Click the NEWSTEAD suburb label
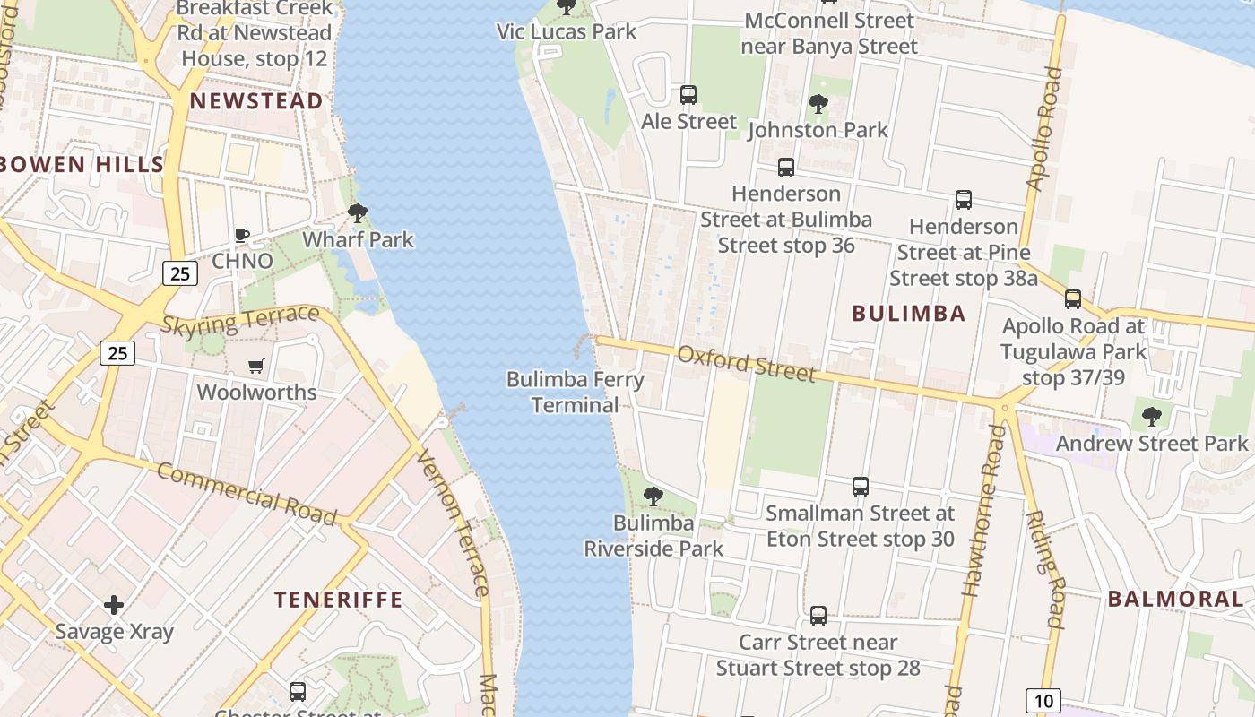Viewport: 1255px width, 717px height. coord(256,101)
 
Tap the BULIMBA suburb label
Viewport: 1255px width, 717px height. coord(909,313)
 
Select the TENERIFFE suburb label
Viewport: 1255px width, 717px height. coord(339,600)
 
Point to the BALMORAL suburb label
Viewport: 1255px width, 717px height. coord(1176,599)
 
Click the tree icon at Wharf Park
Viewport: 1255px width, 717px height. coord(358,213)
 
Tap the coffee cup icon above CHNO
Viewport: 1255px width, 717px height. coord(241,235)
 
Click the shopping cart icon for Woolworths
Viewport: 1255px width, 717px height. coord(256,366)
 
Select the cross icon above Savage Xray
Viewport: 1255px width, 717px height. coord(114,605)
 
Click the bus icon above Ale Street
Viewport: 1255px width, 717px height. coord(688,94)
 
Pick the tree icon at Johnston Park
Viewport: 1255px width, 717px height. coord(818,104)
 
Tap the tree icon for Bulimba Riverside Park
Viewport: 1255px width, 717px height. coord(653,496)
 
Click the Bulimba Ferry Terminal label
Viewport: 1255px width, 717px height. coord(576,392)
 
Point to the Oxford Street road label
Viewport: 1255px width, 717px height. coord(746,363)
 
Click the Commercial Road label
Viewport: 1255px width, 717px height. coord(247,494)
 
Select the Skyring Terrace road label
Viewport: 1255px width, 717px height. coord(239,320)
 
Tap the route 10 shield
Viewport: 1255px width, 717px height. coord(1043,700)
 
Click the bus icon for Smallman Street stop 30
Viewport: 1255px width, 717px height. coord(861,487)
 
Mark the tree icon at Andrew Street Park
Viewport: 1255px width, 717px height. coord(1152,416)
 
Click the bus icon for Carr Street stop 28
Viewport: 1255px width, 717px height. coord(818,616)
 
